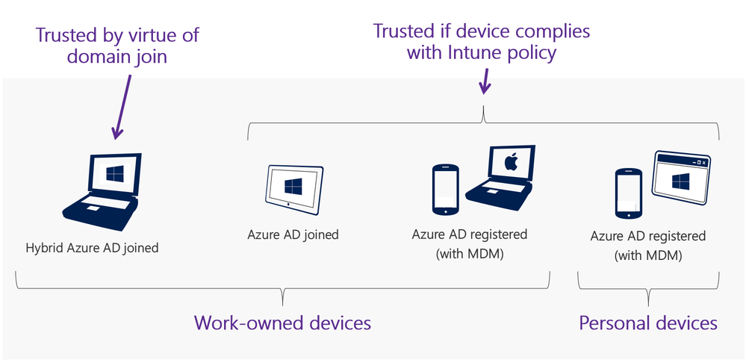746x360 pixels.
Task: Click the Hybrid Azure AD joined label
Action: pos(91,247)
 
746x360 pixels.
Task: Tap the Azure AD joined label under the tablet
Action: pos(293,235)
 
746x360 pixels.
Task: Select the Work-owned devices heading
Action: pos(282,323)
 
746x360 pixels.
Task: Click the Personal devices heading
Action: pos(648,323)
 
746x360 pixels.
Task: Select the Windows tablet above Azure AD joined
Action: pos(294,185)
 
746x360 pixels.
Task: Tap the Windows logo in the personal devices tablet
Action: pos(680,181)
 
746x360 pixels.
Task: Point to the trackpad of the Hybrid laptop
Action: pos(93,207)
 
